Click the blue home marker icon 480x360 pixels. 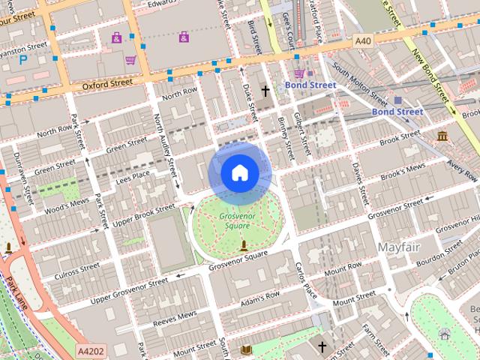pos(239,173)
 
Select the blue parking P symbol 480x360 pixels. pos(23,58)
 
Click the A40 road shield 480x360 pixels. pos(363,40)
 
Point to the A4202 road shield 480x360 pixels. pos(91,350)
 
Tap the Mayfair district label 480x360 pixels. pos(399,247)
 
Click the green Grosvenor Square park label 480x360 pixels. pos(235,221)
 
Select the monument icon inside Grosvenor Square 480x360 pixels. pos(243,245)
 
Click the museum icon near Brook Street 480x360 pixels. pos(442,136)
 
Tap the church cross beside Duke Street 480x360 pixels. pos(265,91)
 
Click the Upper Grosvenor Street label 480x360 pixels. pos(129,290)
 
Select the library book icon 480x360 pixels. pos(247,349)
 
